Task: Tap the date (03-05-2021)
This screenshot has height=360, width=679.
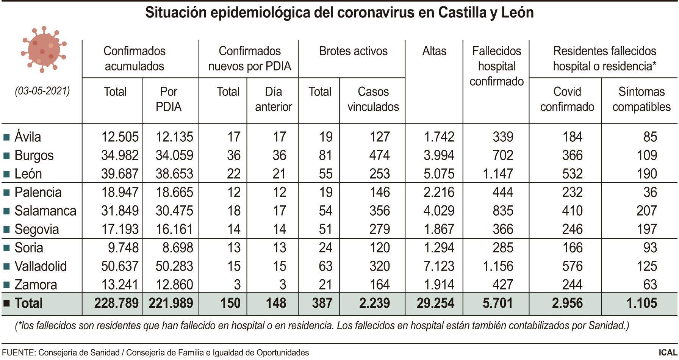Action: tap(42, 91)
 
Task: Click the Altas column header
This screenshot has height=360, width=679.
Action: tap(434, 51)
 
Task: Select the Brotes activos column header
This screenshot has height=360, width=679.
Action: tap(353, 51)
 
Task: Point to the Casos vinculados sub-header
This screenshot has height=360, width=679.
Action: tap(373, 99)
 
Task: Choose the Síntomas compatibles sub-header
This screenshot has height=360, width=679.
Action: tap(641, 99)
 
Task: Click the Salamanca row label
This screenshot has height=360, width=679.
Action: tap(45, 211)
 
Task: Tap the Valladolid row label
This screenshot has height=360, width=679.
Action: tap(40, 266)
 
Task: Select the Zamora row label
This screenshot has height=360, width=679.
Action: tap(36, 285)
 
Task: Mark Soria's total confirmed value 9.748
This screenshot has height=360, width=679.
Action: tap(123, 248)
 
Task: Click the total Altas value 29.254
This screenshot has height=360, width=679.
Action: tap(435, 304)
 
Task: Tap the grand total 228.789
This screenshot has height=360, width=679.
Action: tap(116, 304)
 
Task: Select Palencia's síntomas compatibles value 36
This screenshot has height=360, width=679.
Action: tap(650, 193)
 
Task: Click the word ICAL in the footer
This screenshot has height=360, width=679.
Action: tap(668, 353)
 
